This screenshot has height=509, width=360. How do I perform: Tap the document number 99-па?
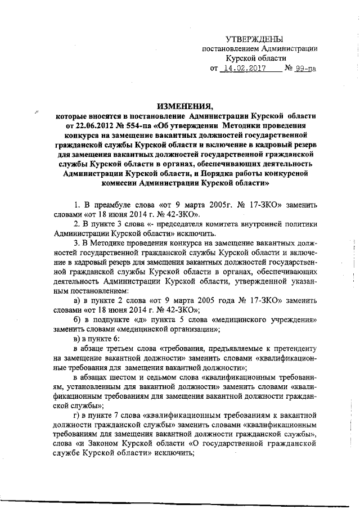tap(305, 69)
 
